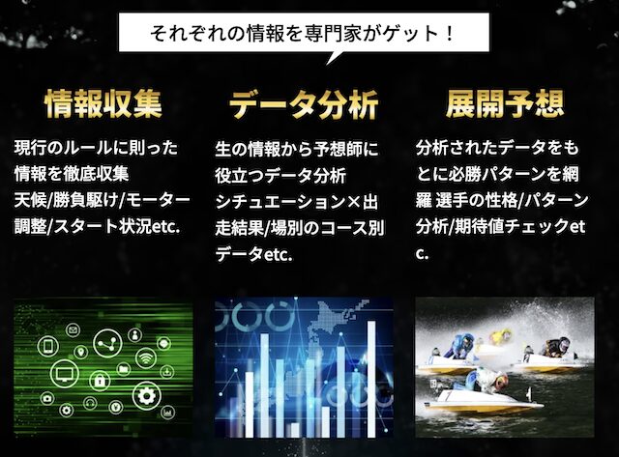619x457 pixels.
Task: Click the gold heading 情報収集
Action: [x=103, y=103]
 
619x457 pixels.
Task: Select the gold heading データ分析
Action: [x=304, y=104]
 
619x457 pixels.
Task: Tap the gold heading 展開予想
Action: [x=505, y=103]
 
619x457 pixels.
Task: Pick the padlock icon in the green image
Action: [x=100, y=381]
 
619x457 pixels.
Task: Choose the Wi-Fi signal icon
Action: [x=146, y=358]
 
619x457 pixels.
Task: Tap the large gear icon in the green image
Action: [x=147, y=395]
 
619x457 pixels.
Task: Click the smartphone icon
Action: [x=48, y=347]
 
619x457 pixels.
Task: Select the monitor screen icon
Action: [x=65, y=373]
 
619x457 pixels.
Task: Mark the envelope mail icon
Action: [x=74, y=329]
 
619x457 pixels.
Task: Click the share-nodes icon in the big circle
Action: [x=107, y=344]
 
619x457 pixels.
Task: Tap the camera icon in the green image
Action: [x=47, y=398]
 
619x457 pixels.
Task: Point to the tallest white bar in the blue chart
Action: [x=371, y=379]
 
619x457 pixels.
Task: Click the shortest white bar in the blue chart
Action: [x=294, y=429]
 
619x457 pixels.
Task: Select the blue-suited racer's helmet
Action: [x=468, y=339]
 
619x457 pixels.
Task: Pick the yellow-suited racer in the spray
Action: [x=500, y=336]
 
